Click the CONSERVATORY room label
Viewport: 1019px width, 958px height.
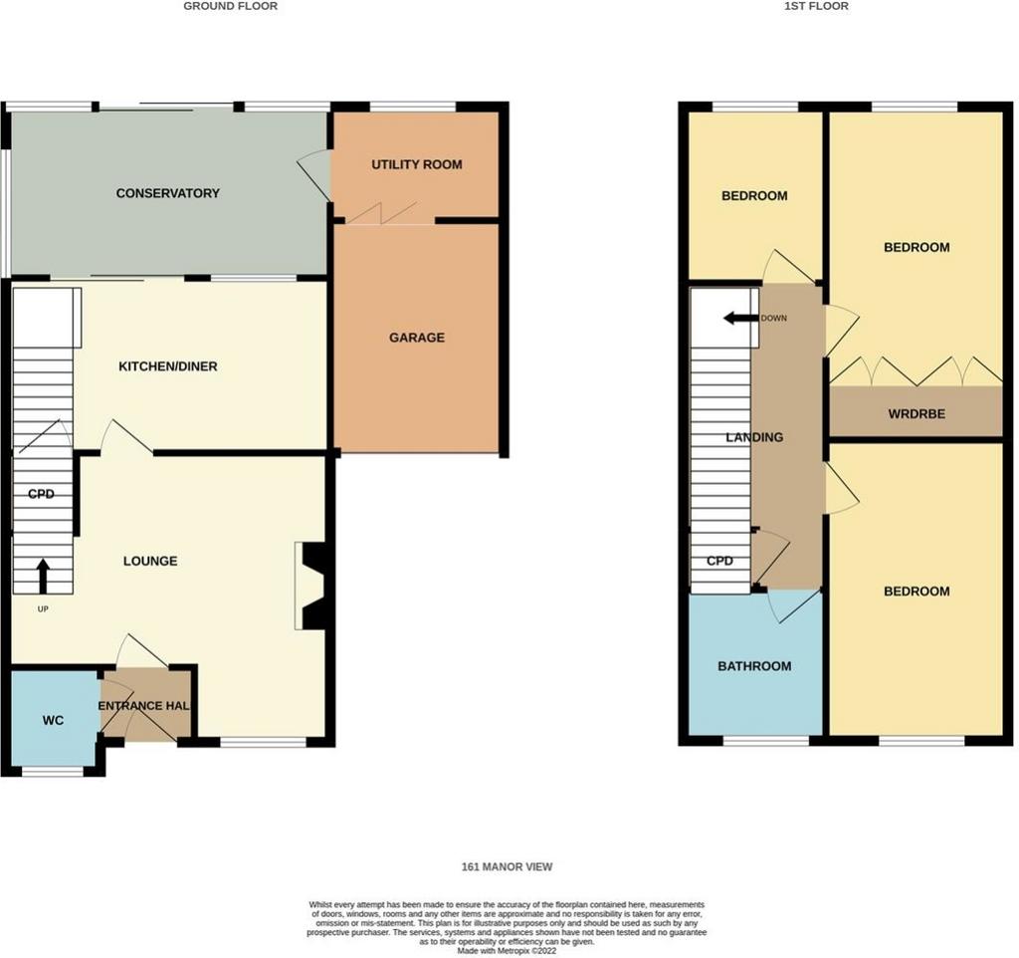click(x=167, y=193)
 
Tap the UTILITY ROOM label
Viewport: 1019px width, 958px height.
click(x=417, y=164)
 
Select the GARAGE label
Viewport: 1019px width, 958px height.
click(x=417, y=338)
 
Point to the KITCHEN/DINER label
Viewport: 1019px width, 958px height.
click(x=167, y=366)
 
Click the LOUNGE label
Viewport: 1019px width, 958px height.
click(x=150, y=562)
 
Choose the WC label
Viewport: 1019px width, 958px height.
click(x=53, y=720)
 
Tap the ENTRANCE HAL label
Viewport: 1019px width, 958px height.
click(x=143, y=706)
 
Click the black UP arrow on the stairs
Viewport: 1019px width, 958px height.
click(x=43, y=576)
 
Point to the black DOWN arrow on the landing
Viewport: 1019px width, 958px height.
click(x=741, y=318)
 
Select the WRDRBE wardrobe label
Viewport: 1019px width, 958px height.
click(x=917, y=413)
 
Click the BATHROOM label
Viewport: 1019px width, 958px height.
click(x=754, y=666)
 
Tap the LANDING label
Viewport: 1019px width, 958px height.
click(x=754, y=437)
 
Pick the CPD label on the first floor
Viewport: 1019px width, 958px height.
click(x=719, y=561)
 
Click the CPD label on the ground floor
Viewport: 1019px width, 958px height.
click(x=41, y=494)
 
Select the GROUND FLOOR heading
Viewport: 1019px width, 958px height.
click(x=231, y=6)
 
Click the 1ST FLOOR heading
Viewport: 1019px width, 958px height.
click(x=816, y=6)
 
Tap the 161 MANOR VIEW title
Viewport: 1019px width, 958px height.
click(x=507, y=867)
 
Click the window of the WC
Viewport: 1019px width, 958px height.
click(x=53, y=772)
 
